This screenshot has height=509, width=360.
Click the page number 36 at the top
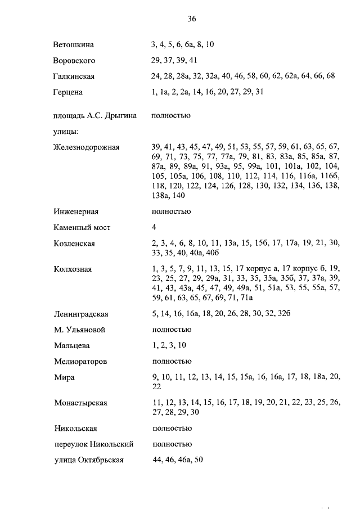pyautogui.click(x=191, y=19)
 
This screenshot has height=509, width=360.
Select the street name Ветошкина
pyautogui.click(x=74, y=44)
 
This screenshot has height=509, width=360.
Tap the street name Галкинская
pyautogui.click(x=74, y=76)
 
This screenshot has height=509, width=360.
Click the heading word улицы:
pyautogui.click(x=66, y=132)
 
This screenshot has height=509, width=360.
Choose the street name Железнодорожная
pyautogui.click(x=87, y=147)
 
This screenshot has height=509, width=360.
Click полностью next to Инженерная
pyautogui.click(x=172, y=211)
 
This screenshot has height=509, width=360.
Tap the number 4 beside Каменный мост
pyautogui.click(x=154, y=227)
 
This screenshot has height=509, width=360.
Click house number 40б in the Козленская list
pyautogui.click(x=228, y=253)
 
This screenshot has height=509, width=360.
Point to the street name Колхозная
pyautogui.click(x=73, y=269)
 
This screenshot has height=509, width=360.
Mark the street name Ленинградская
pyautogui.click(x=81, y=314)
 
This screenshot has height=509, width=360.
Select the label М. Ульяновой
pyautogui.click(x=79, y=330)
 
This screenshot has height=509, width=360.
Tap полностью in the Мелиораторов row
pyautogui.click(x=172, y=361)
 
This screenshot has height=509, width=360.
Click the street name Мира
pyautogui.click(x=64, y=377)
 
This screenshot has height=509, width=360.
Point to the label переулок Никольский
pyautogui.click(x=93, y=444)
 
